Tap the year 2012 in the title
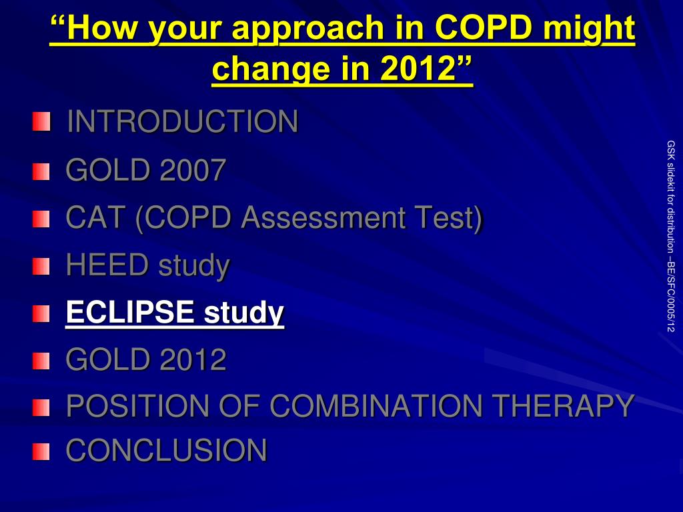[x=418, y=69]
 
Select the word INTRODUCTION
[x=183, y=121]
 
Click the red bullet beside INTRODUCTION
[x=41, y=121]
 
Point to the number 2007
[x=193, y=169]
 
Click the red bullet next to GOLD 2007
[x=41, y=171]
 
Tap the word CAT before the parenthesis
[x=95, y=217]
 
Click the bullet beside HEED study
[x=41, y=267]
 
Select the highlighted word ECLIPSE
[x=130, y=312]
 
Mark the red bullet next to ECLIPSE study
[x=41, y=313]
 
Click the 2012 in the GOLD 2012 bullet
[x=193, y=359]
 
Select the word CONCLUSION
[x=166, y=450]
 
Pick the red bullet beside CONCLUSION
[x=41, y=451]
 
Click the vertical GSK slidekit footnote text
[x=671, y=236]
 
